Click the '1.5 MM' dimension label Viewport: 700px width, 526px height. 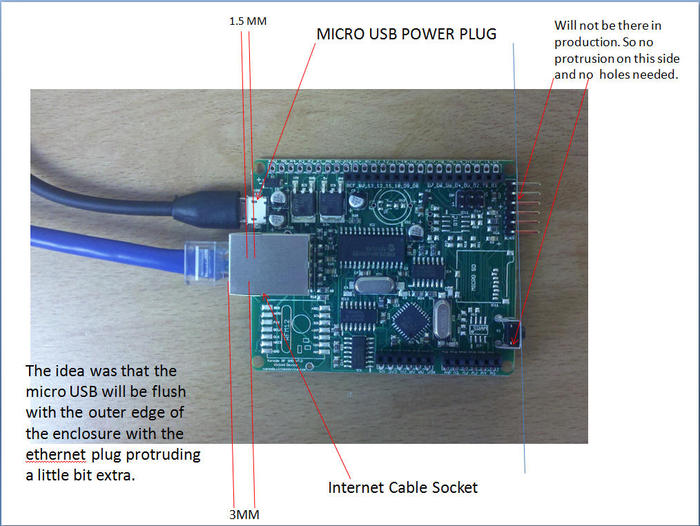(x=248, y=21)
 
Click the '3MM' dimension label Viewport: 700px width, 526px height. (x=244, y=516)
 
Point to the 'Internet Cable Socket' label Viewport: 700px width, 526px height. (x=403, y=488)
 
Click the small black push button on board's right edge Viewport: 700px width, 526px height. (x=510, y=330)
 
